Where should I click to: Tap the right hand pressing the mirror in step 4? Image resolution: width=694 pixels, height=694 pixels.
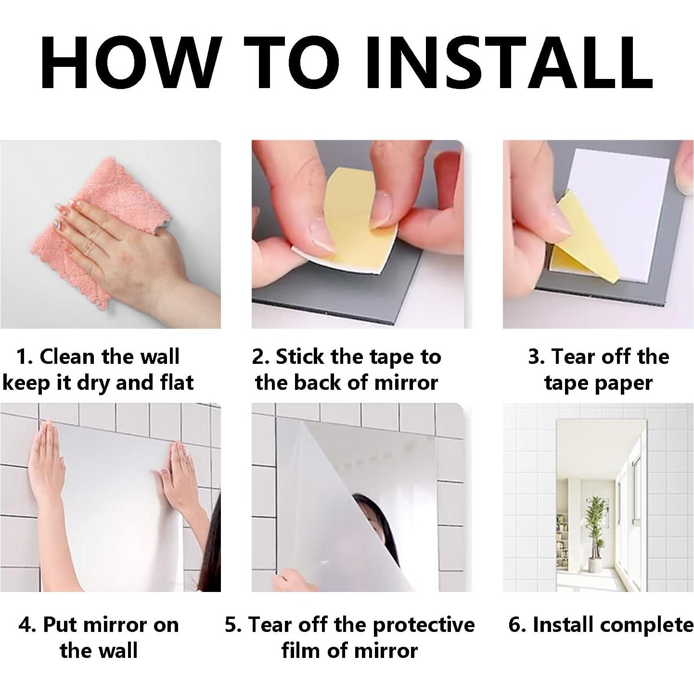point(172,476)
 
